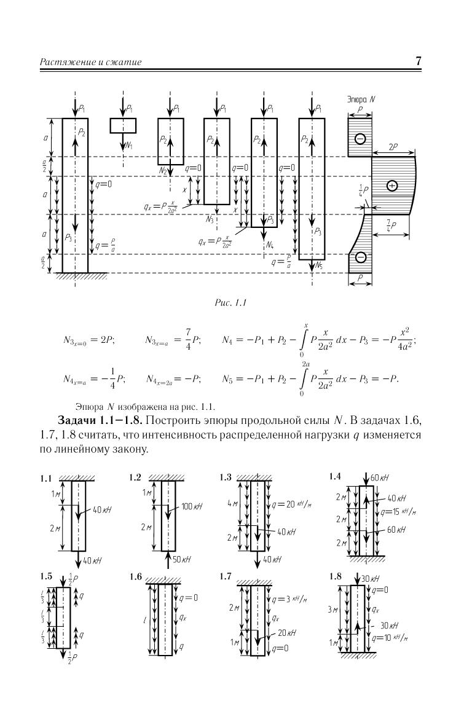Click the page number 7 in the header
418,61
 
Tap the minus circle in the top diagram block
360,138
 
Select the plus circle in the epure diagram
392,186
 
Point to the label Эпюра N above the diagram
361,99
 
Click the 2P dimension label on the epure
393,147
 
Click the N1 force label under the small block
129,146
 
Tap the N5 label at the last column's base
319,265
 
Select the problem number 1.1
46,479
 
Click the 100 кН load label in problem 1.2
192,506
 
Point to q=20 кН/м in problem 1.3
291,504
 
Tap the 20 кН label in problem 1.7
287,632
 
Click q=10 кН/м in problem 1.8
390,638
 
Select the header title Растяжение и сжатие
91,62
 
